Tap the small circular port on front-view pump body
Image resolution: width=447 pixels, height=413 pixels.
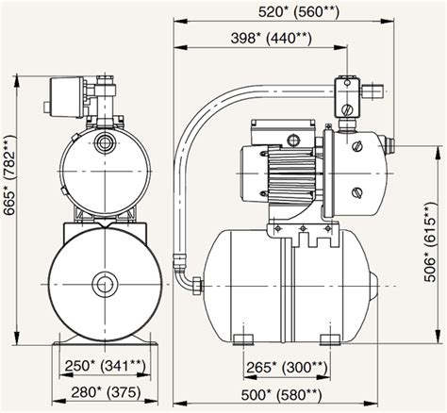pyautogui.click(x=102, y=144)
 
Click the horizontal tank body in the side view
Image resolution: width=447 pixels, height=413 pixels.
pyautogui.click(x=283, y=283)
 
